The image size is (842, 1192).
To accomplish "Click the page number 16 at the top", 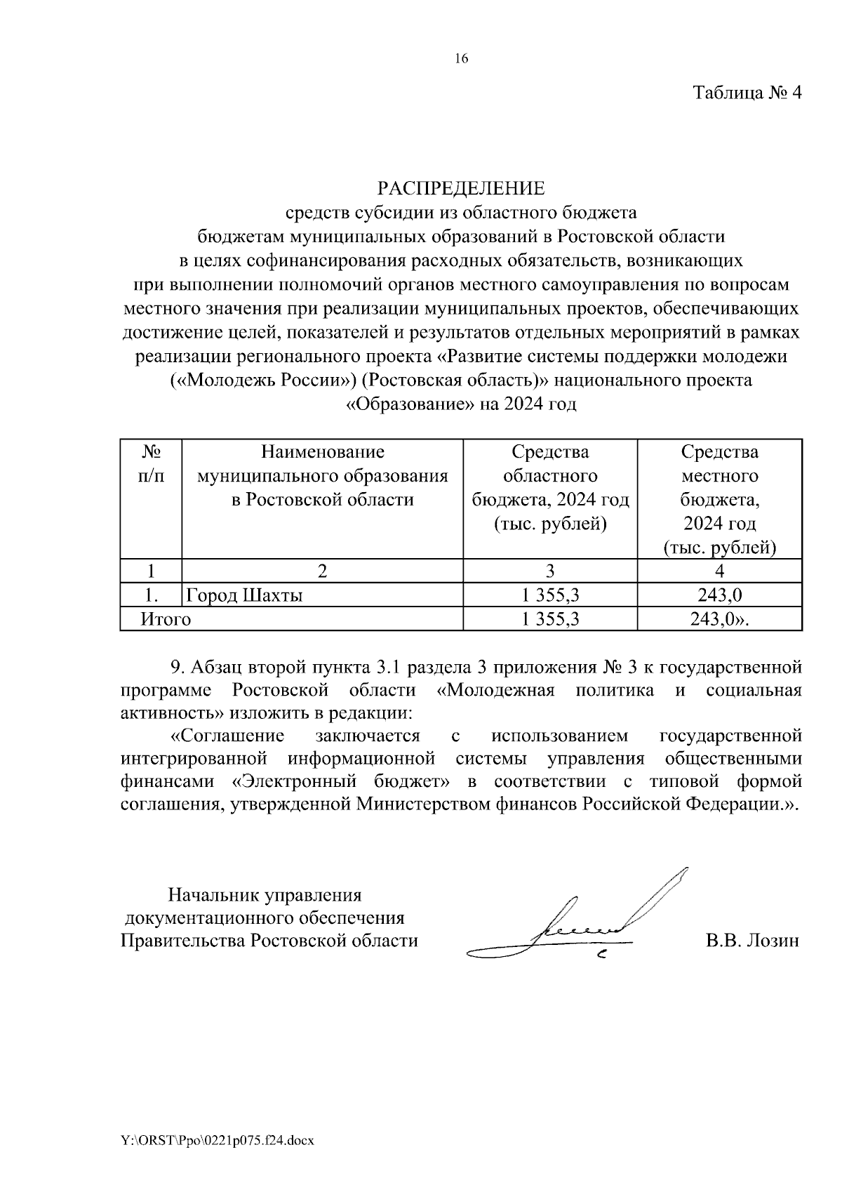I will (x=461, y=59).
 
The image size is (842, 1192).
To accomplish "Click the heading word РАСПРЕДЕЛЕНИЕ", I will (x=461, y=189).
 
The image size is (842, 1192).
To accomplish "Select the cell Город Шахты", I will (x=244, y=596).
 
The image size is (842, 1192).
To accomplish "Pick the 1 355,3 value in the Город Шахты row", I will (x=550, y=596).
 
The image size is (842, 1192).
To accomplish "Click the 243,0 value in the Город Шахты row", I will (x=719, y=596).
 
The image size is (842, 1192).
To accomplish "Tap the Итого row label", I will (x=166, y=619).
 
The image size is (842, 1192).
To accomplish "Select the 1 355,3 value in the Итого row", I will (x=550, y=619).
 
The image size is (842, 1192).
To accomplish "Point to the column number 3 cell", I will (x=550, y=571).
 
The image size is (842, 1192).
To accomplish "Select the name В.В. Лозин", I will (x=751, y=941).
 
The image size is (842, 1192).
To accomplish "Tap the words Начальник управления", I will (x=265, y=895).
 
